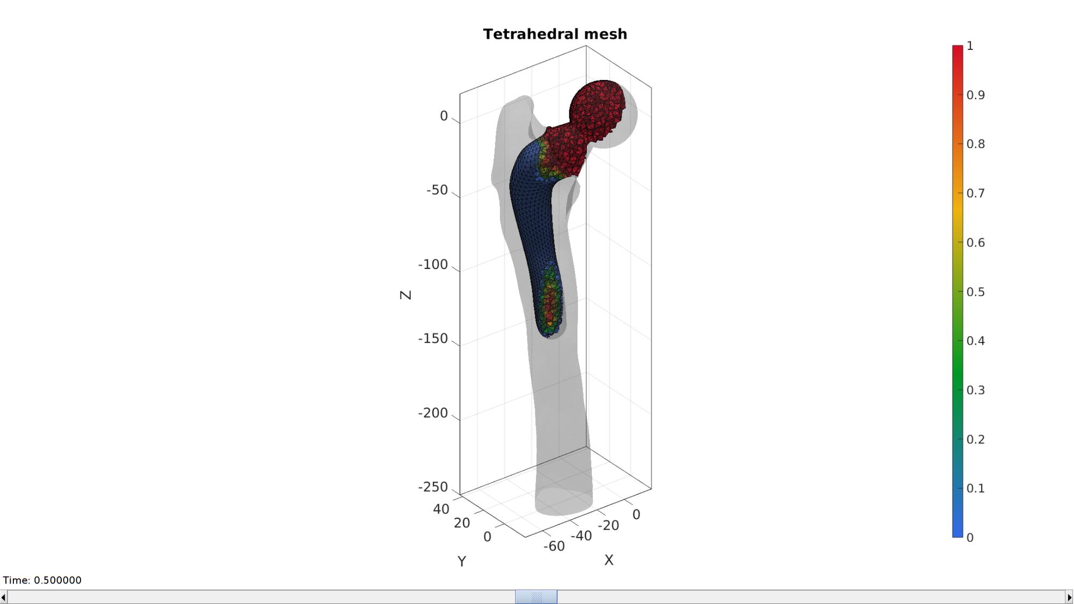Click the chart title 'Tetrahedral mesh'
[555, 34]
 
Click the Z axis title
[406, 295]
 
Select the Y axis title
[462, 562]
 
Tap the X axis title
[608, 560]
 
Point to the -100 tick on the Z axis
[433, 265]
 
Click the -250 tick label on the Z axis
[433, 487]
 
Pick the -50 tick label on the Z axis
[437, 190]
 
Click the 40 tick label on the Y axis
[441, 509]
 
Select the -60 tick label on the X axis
[554, 546]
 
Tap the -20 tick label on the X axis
[608, 525]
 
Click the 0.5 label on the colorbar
[976, 292]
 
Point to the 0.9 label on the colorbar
[976, 95]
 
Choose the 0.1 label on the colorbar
[976, 488]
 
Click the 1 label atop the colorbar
[970, 46]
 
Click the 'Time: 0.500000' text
[42, 580]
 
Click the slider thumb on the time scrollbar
[536, 596]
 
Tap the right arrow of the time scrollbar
[1069, 597]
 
